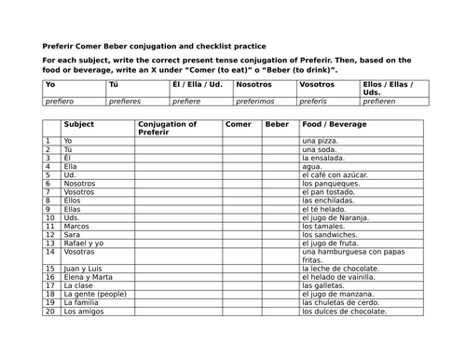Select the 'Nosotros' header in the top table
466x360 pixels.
[254, 85]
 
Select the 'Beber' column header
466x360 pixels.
[277, 123]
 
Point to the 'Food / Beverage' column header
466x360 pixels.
[333, 123]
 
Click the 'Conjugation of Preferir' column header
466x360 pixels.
[168, 127]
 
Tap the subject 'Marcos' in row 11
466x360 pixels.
[77, 225]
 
